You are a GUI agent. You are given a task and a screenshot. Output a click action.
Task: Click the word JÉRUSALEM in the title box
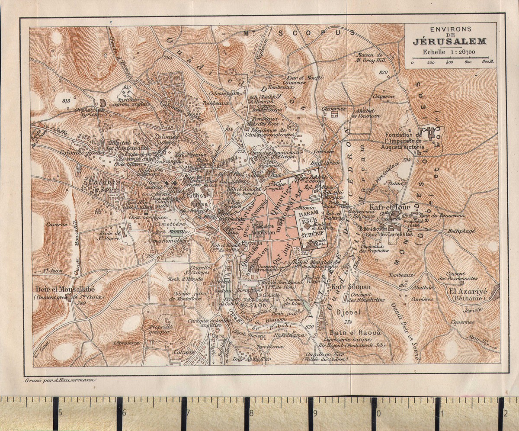point(449,42)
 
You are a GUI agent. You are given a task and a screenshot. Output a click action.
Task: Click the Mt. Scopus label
point(298,33)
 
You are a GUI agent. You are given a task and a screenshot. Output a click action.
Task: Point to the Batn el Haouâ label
point(349,333)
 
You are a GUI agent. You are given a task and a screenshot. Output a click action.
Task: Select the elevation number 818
point(66,101)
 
